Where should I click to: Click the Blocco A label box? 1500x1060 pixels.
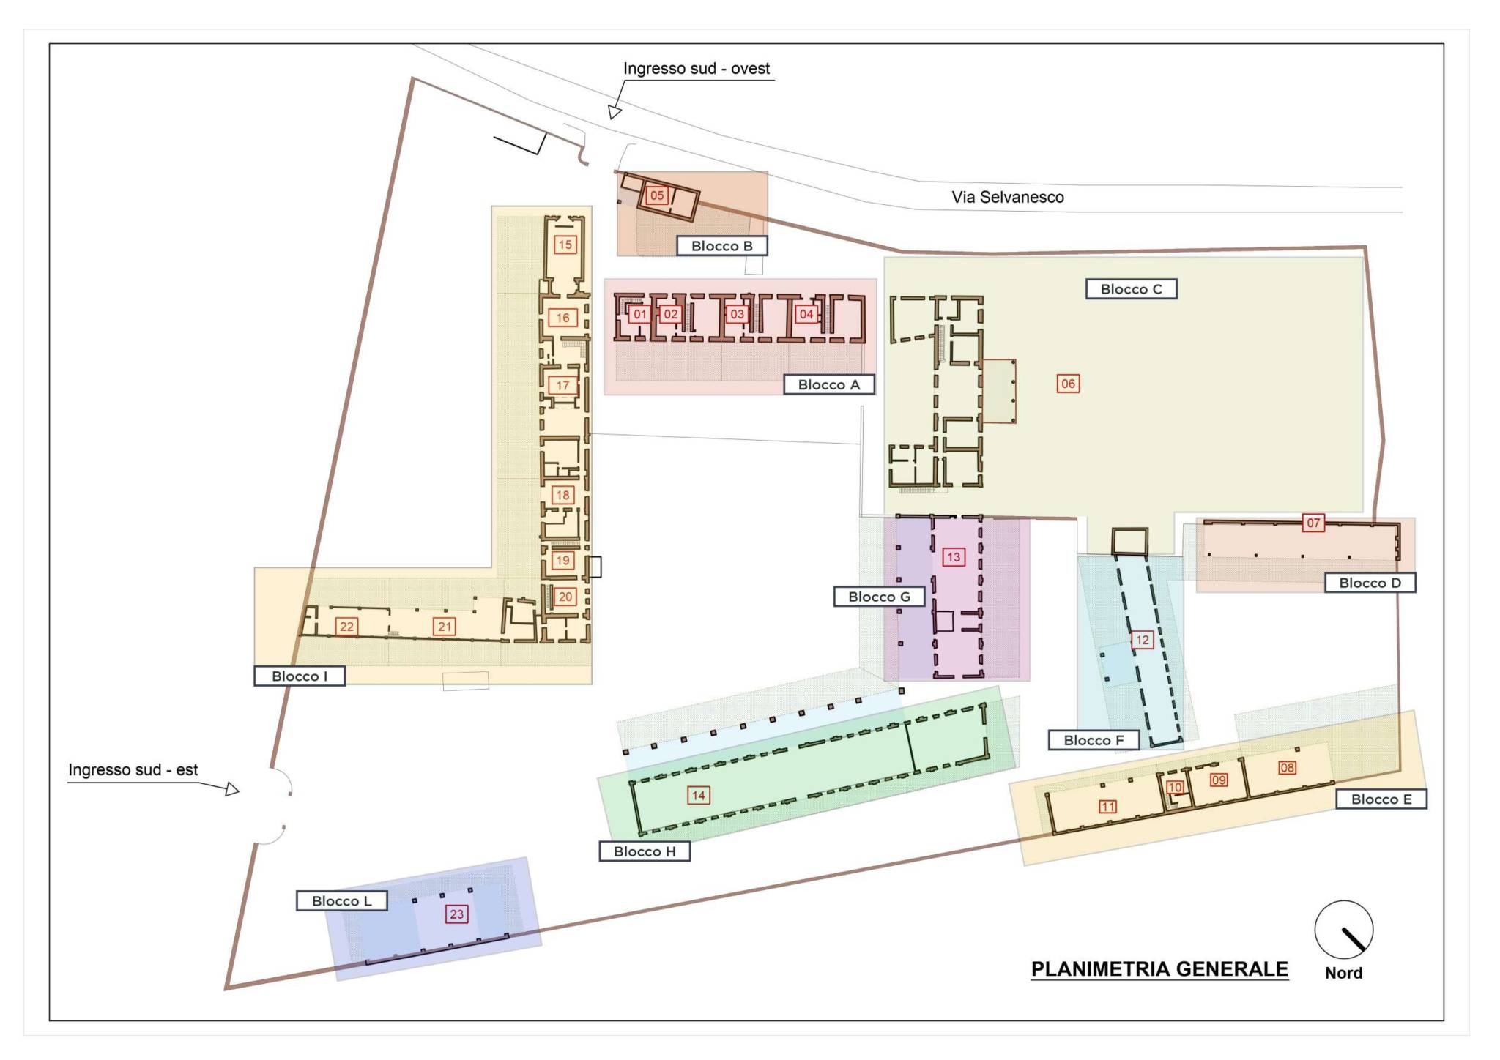pyautogui.click(x=829, y=384)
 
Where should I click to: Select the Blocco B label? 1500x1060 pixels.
pyautogui.click(x=721, y=246)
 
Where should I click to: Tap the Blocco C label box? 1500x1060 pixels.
pyautogui.click(x=1131, y=289)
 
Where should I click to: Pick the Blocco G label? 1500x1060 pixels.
pyautogui.click(x=879, y=597)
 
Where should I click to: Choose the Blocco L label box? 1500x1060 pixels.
pyautogui.click(x=341, y=901)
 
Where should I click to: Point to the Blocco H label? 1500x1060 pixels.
pyautogui.click(x=645, y=851)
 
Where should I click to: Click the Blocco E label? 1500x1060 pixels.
pyautogui.click(x=1381, y=799)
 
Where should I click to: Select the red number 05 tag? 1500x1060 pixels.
pyautogui.click(x=657, y=195)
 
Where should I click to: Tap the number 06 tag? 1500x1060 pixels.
pyautogui.click(x=1068, y=384)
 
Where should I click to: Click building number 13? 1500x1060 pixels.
pyautogui.click(x=954, y=557)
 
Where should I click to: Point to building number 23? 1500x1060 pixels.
pyautogui.click(x=456, y=914)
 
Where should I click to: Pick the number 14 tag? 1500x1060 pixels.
pyautogui.click(x=698, y=796)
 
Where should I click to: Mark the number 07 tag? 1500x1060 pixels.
pyautogui.click(x=1313, y=523)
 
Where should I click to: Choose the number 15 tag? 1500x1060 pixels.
pyautogui.click(x=565, y=245)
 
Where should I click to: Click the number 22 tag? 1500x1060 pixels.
pyautogui.click(x=347, y=627)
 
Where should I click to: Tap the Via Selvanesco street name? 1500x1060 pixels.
pyautogui.click(x=1008, y=197)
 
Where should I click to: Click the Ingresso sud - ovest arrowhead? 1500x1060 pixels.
pyautogui.click(x=615, y=112)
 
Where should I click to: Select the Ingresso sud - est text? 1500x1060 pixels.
pyautogui.click(x=133, y=770)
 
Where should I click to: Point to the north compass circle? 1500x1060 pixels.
pyautogui.click(x=1343, y=930)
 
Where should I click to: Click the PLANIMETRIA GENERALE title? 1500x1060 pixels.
pyautogui.click(x=1159, y=969)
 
